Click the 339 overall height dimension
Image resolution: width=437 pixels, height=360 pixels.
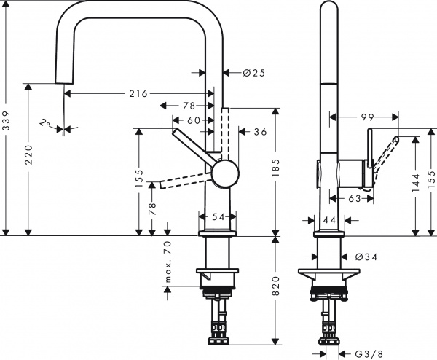coord(7,125)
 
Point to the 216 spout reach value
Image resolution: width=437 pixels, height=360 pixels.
coord(138,93)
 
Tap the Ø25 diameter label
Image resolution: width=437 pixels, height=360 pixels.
coord(242,72)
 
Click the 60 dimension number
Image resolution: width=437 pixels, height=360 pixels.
coord(194,120)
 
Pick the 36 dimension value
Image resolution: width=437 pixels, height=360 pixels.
coord(260,133)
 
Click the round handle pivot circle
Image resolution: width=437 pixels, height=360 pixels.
coord(224,175)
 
